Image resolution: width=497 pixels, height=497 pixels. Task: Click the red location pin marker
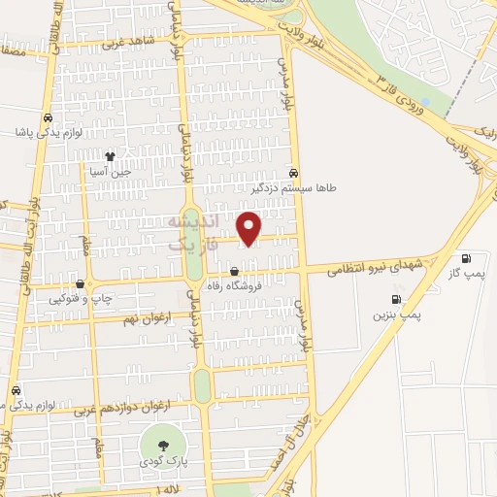tap(249, 228)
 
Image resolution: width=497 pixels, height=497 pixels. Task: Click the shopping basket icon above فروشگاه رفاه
tap(236, 271)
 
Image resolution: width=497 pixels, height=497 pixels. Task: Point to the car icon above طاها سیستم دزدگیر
tap(294, 174)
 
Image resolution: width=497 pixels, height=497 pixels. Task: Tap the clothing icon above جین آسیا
tap(110, 155)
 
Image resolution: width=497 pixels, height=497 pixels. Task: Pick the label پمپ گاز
tap(466, 276)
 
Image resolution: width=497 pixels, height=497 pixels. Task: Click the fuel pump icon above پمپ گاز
tap(467, 259)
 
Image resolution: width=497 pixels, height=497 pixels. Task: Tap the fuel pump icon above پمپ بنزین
tap(395, 300)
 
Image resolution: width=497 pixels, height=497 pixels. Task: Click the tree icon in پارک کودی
tap(163, 444)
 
